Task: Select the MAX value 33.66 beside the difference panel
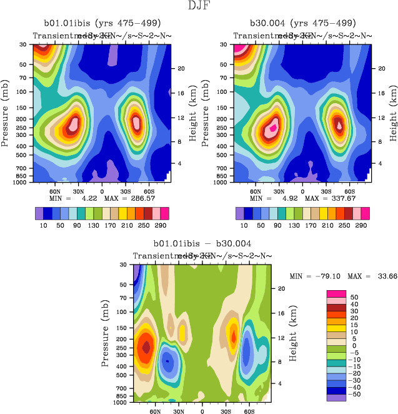(x=377, y=275)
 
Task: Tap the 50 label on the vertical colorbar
(x=354, y=296)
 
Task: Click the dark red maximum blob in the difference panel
(x=147, y=346)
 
